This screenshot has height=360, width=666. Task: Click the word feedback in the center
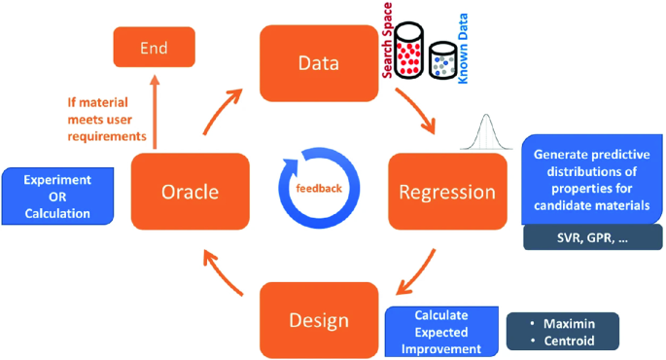click(x=319, y=188)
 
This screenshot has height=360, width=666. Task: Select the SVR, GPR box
click(x=592, y=236)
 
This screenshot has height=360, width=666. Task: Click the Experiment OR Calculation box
click(x=57, y=196)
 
